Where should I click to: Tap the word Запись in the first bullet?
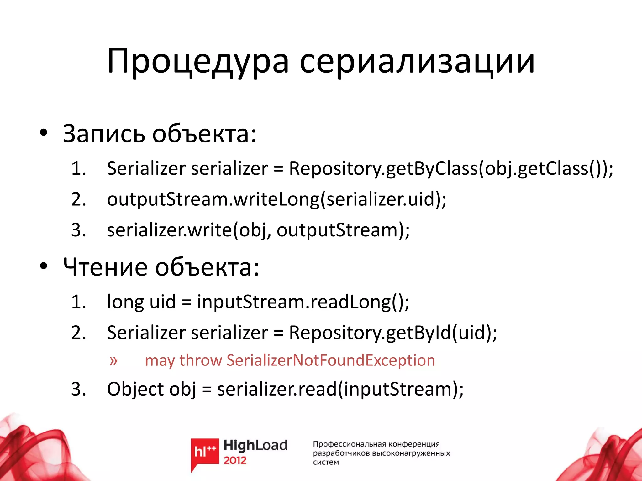point(103,134)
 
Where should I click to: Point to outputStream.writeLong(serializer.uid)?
point(276,199)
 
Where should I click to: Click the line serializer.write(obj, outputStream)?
point(258,230)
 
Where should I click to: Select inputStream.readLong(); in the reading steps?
point(303,302)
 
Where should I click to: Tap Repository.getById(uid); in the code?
point(393,333)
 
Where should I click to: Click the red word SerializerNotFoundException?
point(331,360)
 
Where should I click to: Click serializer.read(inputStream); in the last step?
point(340,389)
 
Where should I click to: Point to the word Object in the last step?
point(135,389)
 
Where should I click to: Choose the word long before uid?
point(125,302)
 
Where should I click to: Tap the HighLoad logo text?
point(255,445)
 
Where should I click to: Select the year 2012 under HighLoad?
point(235,460)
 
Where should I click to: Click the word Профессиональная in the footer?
point(349,444)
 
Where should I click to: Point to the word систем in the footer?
point(326,462)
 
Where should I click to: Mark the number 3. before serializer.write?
point(78,230)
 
